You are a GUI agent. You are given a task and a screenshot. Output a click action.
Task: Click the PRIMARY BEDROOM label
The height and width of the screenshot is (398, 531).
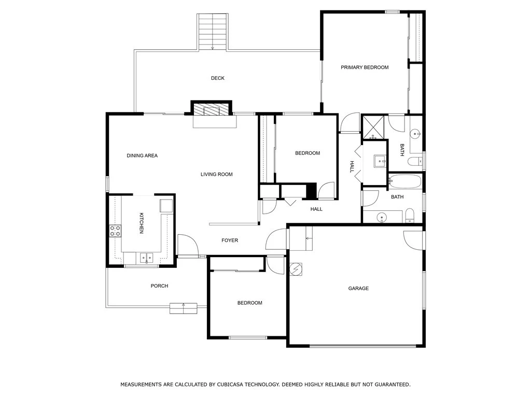(x=365, y=67)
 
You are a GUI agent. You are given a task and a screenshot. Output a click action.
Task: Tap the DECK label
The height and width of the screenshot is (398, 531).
(x=218, y=78)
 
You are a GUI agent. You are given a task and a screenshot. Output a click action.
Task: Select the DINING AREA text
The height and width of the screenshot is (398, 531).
(x=142, y=155)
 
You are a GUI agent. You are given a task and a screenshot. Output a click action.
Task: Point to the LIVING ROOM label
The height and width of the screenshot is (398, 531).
(x=217, y=174)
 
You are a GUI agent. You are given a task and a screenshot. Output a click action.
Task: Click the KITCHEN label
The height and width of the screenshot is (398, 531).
(x=142, y=223)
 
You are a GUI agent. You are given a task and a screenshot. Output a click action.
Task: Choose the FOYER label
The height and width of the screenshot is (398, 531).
(x=230, y=240)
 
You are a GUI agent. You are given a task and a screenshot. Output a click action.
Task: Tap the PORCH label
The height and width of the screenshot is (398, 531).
(x=160, y=286)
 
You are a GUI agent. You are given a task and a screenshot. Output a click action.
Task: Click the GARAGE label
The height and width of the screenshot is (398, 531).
(x=359, y=288)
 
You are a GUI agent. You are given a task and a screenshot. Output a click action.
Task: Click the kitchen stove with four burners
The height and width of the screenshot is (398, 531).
(x=115, y=231)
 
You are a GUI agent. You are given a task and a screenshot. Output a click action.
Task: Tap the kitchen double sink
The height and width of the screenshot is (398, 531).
(x=147, y=258)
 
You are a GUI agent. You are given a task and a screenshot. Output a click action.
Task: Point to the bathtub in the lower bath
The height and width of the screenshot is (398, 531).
(x=405, y=181)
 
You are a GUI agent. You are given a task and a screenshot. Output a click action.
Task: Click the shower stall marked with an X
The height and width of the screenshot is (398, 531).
(x=373, y=127)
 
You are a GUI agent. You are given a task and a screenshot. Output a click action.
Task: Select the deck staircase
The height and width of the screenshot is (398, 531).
(x=212, y=32)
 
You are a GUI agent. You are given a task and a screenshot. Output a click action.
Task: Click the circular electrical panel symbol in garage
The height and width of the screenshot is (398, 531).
(x=296, y=269)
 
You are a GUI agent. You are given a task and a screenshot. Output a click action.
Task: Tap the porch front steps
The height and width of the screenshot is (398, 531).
(x=183, y=308)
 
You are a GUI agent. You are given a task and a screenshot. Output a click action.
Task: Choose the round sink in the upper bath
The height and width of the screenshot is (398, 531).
(x=415, y=134)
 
